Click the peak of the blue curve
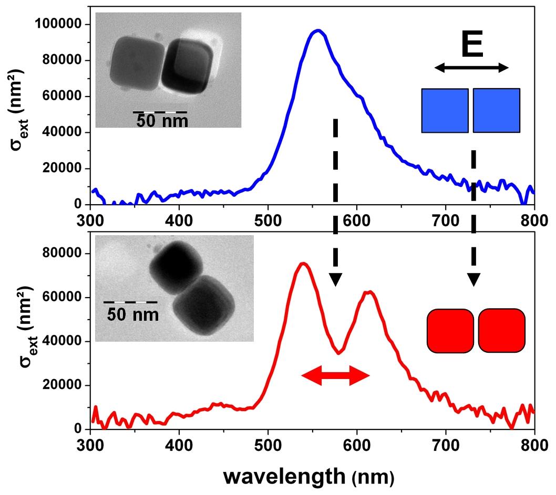click(x=317, y=31)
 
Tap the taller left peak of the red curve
click(x=303, y=264)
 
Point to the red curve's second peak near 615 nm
click(x=370, y=292)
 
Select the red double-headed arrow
click(x=335, y=374)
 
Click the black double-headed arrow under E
click(x=471, y=67)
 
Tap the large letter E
click(x=472, y=46)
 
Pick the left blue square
click(x=445, y=110)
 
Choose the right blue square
click(x=496, y=110)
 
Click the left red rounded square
click(x=450, y=330)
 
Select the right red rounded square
click(x=501, y=330)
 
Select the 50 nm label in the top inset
click(x=161, y=121)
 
